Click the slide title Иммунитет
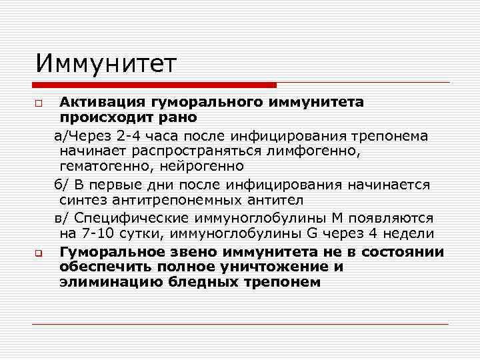[x=107, y=64]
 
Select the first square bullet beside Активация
[x=40, y=103]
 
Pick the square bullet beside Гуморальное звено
[x=40, y=253]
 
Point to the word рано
[x=175, y=117]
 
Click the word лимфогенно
[x=319, y=151]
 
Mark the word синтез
[x=83, y=199]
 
